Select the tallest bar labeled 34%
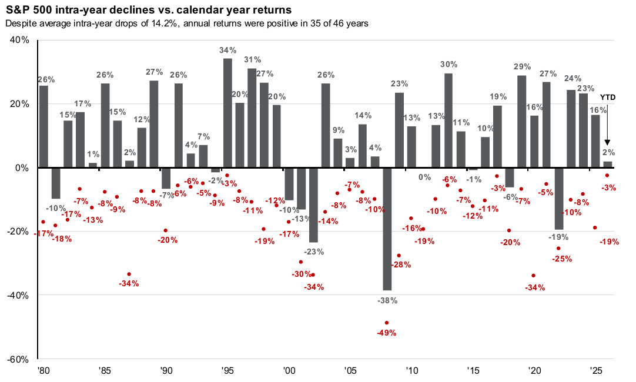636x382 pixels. click(x=227, y=113)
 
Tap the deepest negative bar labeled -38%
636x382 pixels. click(x=387, y=229)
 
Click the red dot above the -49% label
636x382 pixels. click(x=387, y=323)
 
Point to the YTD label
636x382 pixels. click(x=607, y=97)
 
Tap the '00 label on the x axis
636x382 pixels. click(x=289, y=371)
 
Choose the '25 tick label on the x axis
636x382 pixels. click(x=595, y=371)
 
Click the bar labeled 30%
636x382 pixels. click(x=448, y=120)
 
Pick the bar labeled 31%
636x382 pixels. click(x=252, y=118)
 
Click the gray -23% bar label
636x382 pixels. click(x=313, y=251)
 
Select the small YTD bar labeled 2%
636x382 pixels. click(x=608, y=164)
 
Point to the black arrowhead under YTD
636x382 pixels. click(x=607, y=143)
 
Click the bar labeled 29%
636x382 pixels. click(x=522, y=121)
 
